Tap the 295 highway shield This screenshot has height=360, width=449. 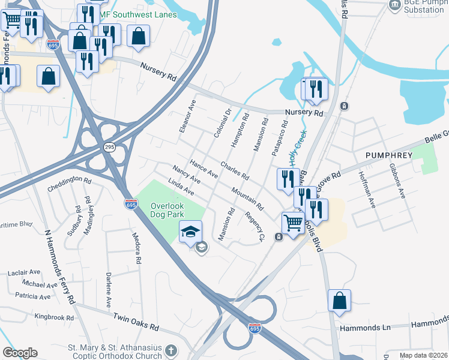pyautogui.click(x=110, y=147)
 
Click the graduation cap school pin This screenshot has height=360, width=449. pyautogui.click(x=190, y=232)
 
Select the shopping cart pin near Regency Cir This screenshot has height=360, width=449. pyautogui.click(x=293, y=223)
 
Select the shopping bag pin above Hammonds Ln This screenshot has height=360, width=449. pyautogui.click(x=339, y=300)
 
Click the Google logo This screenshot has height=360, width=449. pyautogui.click(x=20, y=353)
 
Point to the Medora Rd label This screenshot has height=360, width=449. pyautogui.click(x=136, y=249)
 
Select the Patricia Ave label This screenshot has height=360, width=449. pyautogui.click(x=32, y=296)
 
